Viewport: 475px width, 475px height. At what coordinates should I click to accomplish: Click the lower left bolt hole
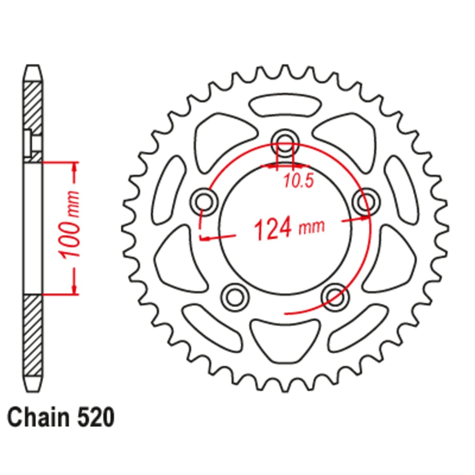pos(235,297)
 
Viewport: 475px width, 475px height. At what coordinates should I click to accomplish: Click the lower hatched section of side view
pos(32,332)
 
